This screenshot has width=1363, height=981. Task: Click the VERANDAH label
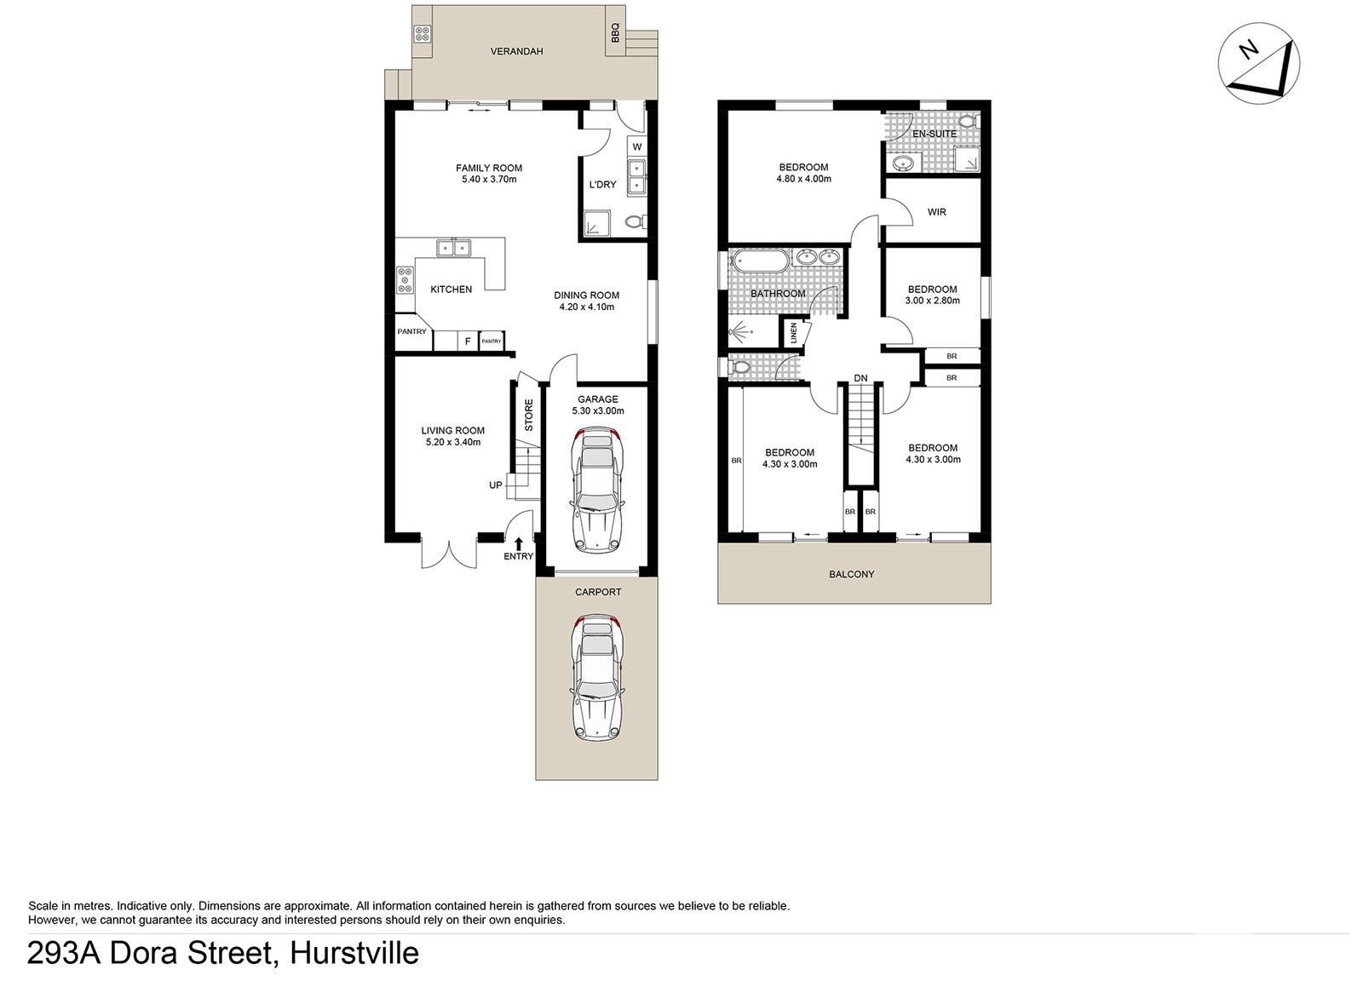(x=516, y=51)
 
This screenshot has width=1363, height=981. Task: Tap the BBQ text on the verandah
(x=614, y=32)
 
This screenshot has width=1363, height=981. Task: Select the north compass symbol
(x=1259, y=64)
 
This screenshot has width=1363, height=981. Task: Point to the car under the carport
(x=596, y=678)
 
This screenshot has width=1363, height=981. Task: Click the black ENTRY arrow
(x=519, y=542)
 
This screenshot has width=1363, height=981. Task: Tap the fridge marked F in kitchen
(x=467, y=341)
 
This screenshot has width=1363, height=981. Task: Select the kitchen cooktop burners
(x=405, y=280)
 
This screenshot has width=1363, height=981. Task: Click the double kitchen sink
(x=454, y=248)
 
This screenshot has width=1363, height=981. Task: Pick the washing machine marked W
(x=636, y=147)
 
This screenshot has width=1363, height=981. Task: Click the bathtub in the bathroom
(x=761, y=261)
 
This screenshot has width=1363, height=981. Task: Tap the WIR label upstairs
(x=936, y=212)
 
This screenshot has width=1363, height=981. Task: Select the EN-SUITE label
(x=934, y=134)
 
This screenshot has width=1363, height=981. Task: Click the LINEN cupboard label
(x=793, y=332)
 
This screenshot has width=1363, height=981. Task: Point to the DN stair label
(x=860, y=378)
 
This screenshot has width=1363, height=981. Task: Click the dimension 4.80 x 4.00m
(x=803, y=179)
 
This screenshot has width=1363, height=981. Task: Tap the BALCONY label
(x=851, y=574)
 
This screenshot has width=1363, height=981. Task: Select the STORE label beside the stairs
(x=528, y=415)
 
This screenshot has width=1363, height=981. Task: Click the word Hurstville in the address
(x=354, y=953)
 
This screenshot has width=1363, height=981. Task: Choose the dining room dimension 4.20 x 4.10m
(x=586, y=307)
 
